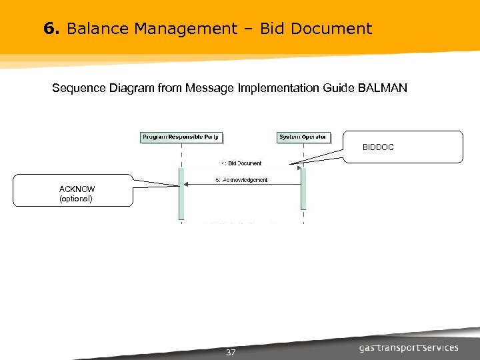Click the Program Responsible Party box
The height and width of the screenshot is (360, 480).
(181, 137)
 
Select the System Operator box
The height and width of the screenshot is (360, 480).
(303, 137)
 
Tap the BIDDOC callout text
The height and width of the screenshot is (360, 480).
(378, 147)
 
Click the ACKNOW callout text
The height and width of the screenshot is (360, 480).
(77, 189)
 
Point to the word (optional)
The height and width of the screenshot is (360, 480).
(76, 199)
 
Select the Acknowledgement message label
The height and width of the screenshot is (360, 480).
(241, 180)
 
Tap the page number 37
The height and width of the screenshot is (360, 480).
(231, 352)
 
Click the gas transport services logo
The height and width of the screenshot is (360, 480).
(409, 348)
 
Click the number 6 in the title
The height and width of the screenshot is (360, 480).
(49, 29)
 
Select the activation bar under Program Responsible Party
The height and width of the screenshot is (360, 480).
(181, 193)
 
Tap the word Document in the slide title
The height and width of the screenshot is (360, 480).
(331, 29)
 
